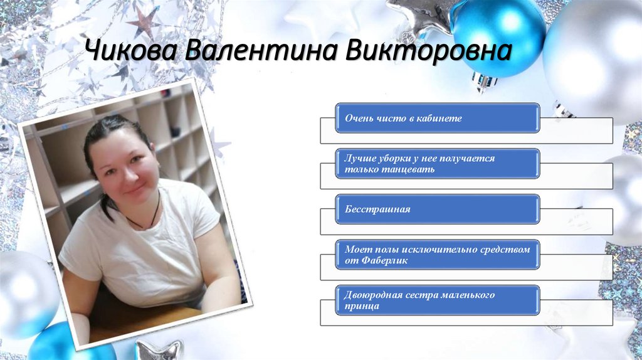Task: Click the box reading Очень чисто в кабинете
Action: tap(437, 118)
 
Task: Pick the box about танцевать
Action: tap(437, 164)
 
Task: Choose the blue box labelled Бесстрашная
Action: tap(437, 209)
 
